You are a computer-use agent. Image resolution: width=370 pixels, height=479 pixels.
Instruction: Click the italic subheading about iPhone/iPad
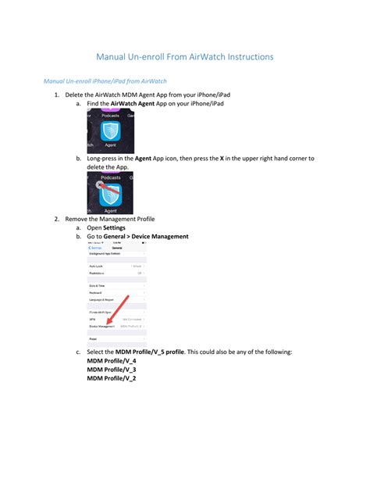pos(105,81)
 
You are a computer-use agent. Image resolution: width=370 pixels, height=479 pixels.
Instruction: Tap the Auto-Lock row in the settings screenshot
pos(98,266)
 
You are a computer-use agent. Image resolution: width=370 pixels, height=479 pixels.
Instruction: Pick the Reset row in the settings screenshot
pos(93,338)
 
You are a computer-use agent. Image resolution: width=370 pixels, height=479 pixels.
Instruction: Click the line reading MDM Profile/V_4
pos(111,361)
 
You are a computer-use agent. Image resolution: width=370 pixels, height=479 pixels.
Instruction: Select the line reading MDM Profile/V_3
pos(111,370)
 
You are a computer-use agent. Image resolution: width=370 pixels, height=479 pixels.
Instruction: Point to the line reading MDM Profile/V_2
pos(111,378)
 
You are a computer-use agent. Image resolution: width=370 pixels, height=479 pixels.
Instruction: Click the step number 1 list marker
pos(57,95)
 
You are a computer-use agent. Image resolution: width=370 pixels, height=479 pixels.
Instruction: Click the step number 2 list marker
pos(57,219)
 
